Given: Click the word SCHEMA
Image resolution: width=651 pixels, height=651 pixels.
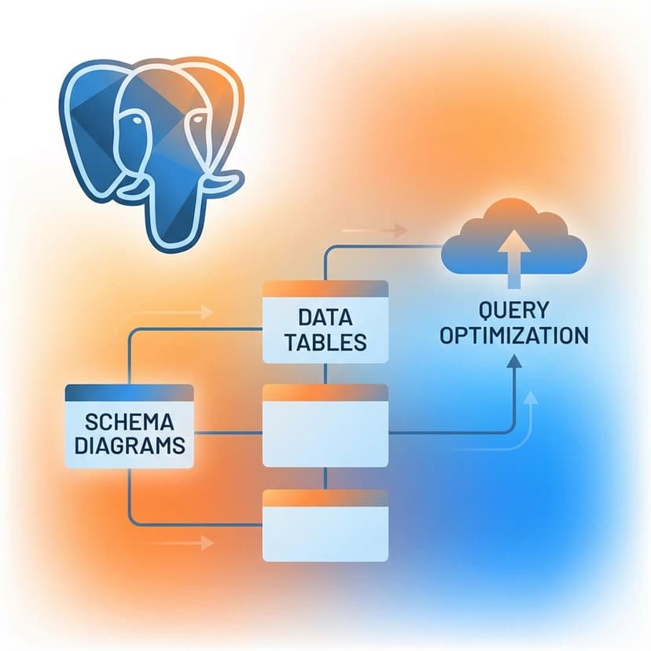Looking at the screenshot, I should [x=130, y=421].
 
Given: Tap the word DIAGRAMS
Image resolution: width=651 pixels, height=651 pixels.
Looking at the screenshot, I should [x=130, y=445].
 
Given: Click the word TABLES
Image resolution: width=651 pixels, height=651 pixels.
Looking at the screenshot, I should [x=325, y=343].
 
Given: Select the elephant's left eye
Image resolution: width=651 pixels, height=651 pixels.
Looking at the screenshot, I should [x=138, y=126].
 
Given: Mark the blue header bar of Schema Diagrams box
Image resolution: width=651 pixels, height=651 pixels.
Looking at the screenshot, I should [x=130, y=392].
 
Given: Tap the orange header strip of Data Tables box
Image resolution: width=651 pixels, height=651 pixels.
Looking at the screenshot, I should [x=325, y=289].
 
